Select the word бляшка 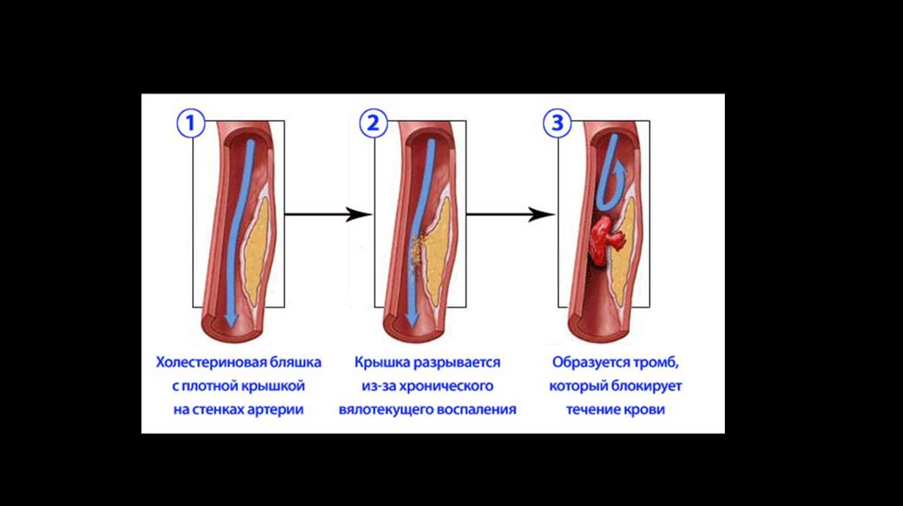[294, 362]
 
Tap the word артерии [274, 410]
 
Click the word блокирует [648, 386]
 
